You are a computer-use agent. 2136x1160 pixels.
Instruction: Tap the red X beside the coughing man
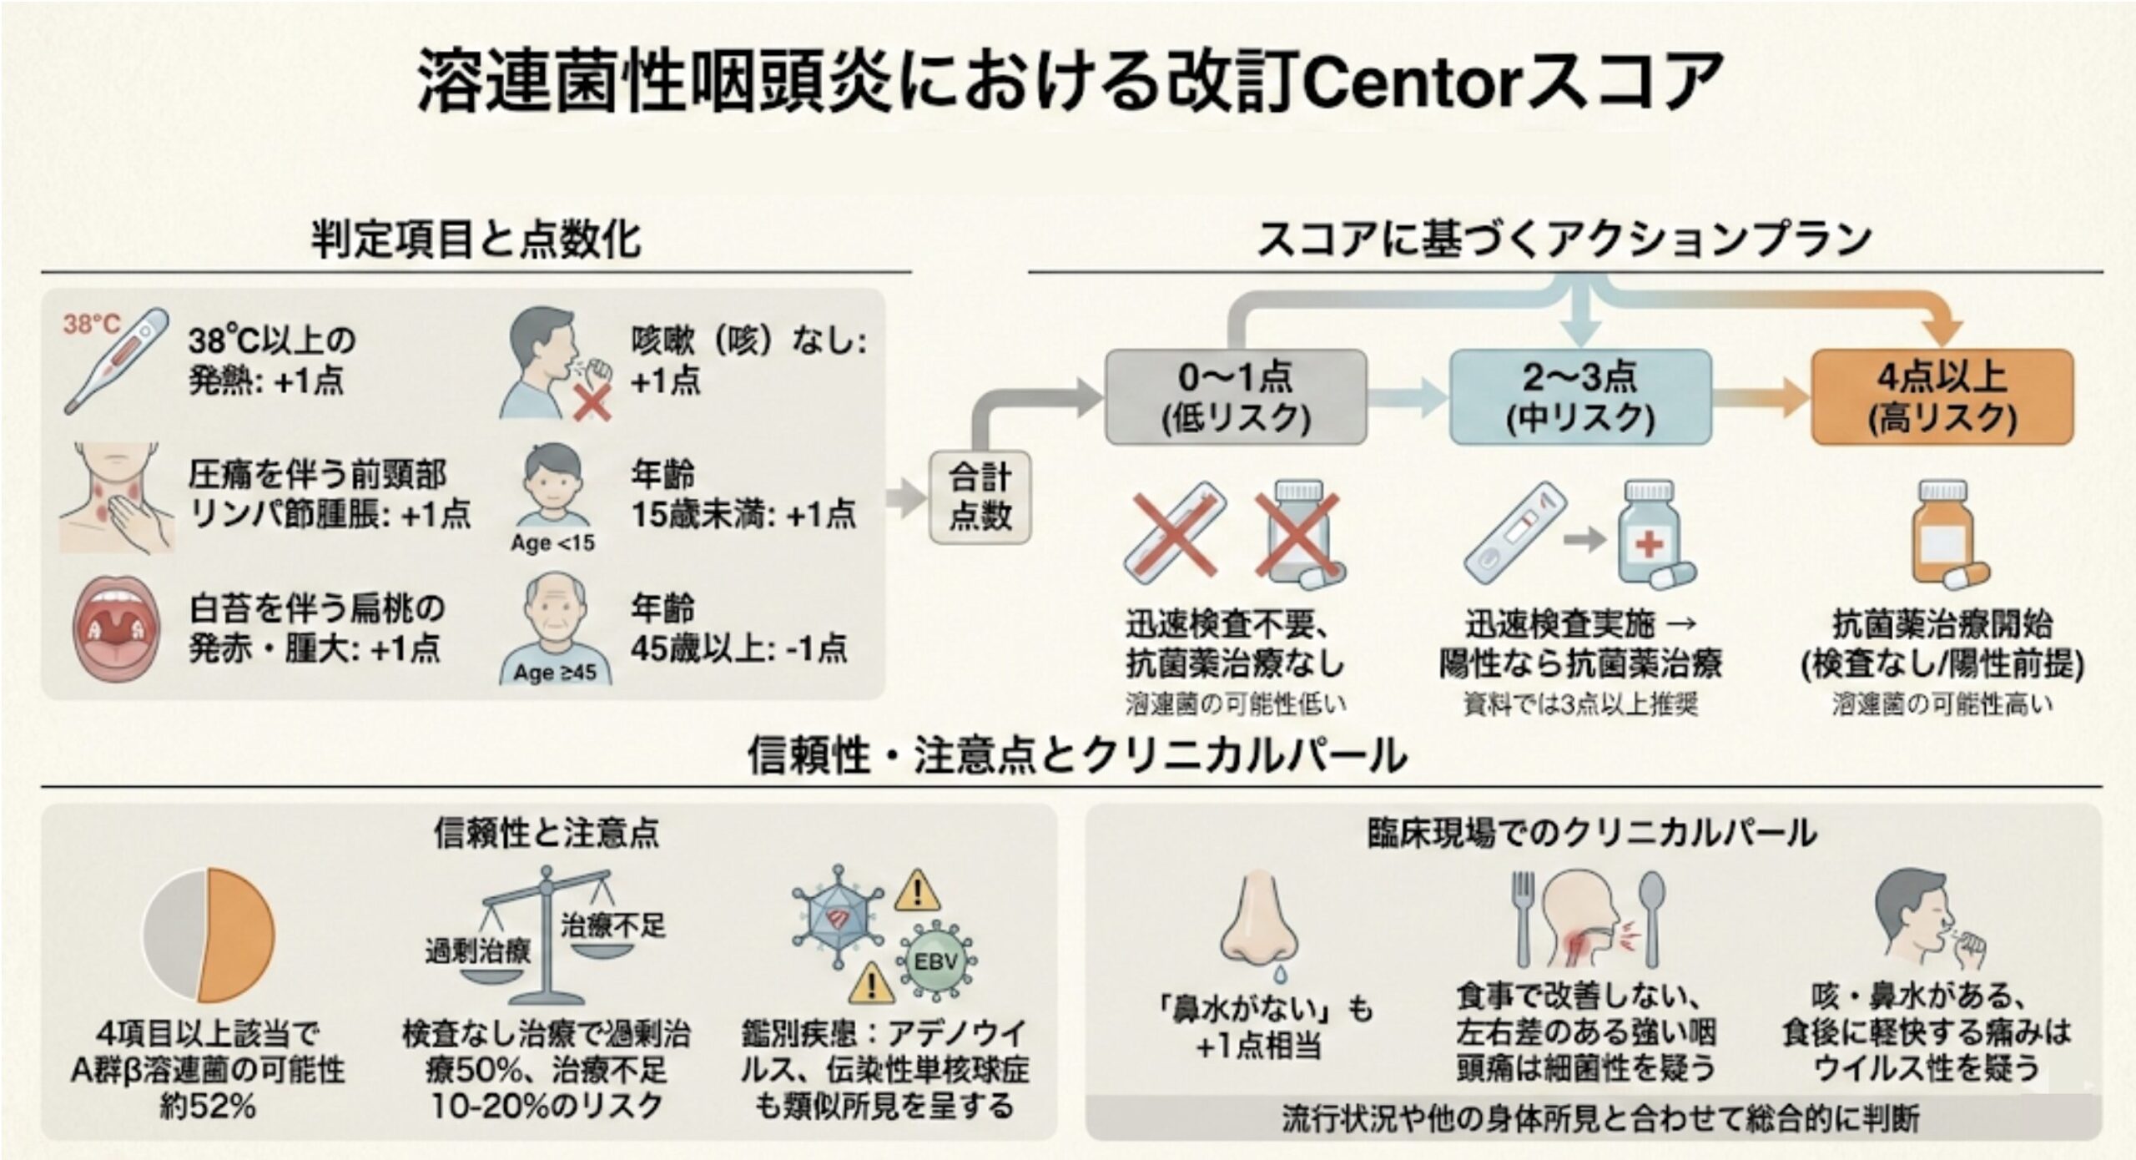(x=592, y=404)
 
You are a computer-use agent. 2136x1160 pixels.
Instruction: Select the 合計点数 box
(x=980, y=497)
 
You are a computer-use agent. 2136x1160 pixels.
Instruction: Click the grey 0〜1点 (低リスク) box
(x=1236, y=397)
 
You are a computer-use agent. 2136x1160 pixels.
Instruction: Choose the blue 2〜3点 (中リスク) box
(x=1580, y=397)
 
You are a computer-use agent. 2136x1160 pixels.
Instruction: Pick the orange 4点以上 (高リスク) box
(x=1942, y=397)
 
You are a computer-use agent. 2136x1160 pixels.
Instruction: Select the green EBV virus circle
(x=936, y=961)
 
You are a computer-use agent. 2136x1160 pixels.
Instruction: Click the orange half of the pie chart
(x=239, y=935)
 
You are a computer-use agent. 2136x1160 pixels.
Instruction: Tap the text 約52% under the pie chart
(x=208, y=1107)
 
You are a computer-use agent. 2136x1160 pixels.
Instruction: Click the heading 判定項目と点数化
(x=476, y=240)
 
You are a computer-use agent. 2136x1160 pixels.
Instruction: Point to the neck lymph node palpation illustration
(x=117, y=498)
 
